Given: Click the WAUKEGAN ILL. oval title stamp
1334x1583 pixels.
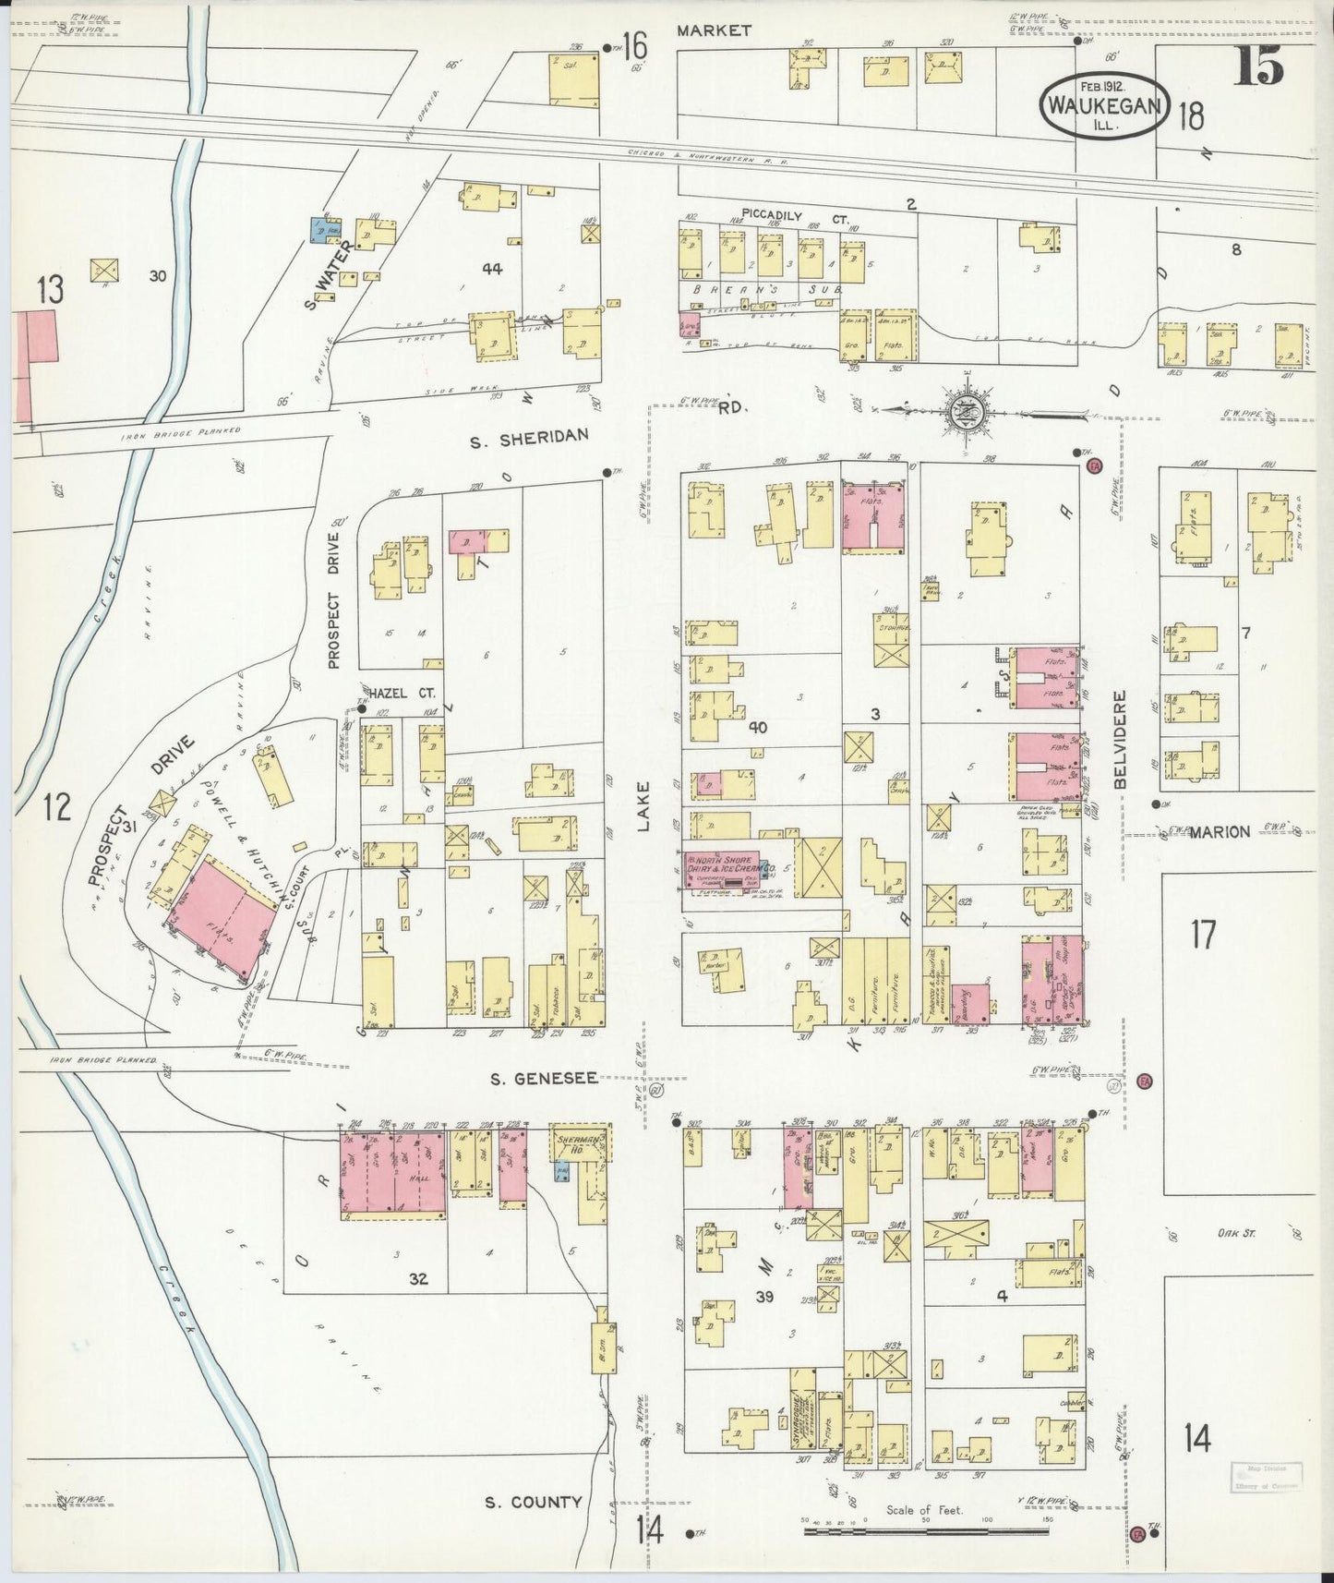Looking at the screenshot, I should pyautogui.click(x=1106, y=106).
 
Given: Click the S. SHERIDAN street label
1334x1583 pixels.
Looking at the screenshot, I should pyautogui.click(x=528, y=441).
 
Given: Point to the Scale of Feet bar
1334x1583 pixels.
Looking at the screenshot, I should pyautogui.click(x=927, y=1531).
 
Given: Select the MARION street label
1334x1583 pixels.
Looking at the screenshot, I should pyautogui.click(x=1219, y=831).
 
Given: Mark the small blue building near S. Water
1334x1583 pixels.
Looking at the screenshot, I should pyautogui.click(x=319, y=230).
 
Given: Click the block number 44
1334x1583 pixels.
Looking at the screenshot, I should pyautogui.click(x=491, y=268).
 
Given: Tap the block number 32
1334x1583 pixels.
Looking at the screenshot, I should pyautogui.click(x=420, y=1279).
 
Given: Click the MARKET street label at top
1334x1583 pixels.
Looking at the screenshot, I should pyautogui.click(x=713, y=30).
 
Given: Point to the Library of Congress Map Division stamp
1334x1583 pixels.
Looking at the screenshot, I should pyautogui.click(x=1268, y=1477).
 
